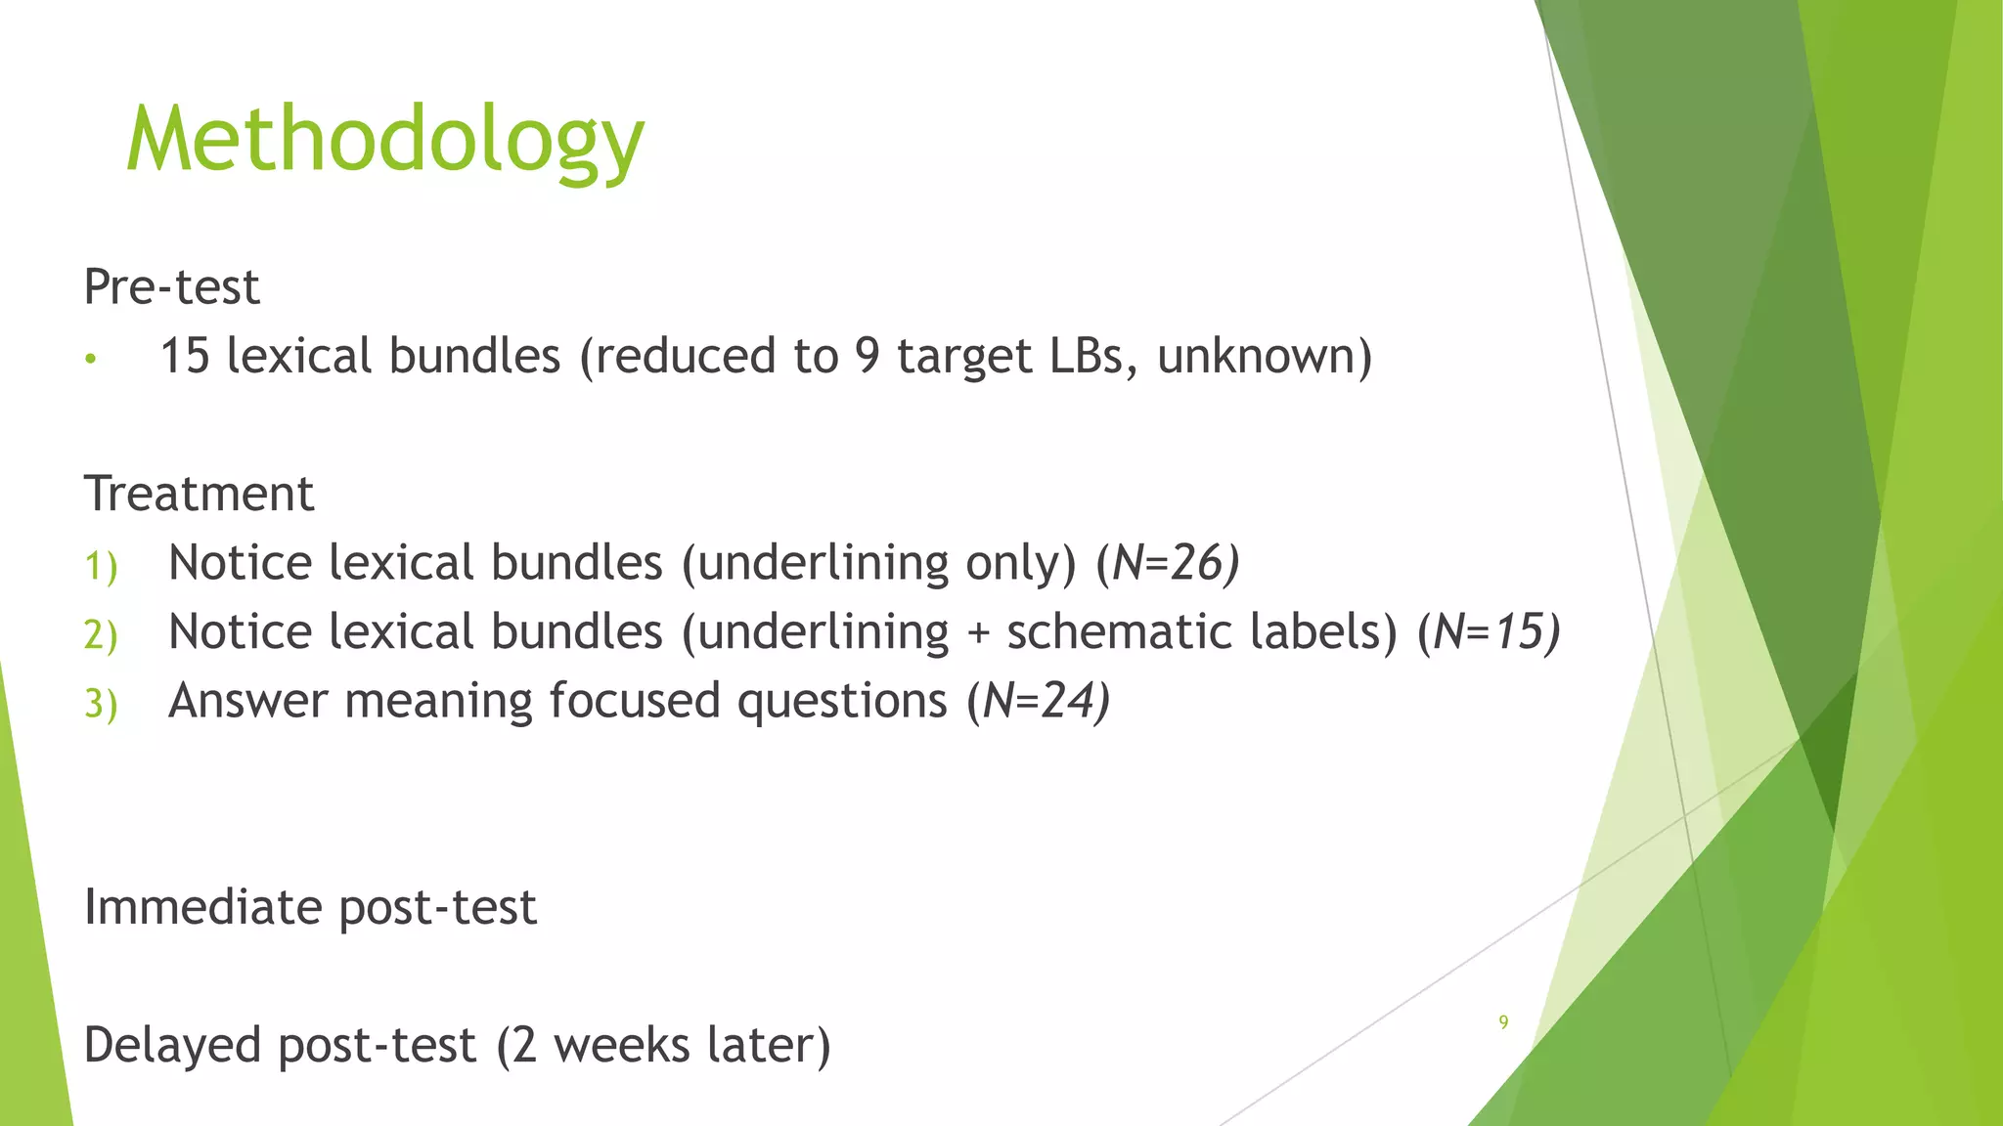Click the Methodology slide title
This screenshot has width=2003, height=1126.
pyautogui.click(x=384, y=140)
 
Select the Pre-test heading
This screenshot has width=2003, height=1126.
pyautogui.click(x=172, y=287)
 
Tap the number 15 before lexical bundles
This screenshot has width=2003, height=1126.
pyautogui.click(x=185, y=356)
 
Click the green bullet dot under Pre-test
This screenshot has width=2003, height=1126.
pyautogui.click(x=91, y=360)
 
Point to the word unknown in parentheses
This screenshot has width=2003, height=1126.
pyautogui.click(x=1257, y=356)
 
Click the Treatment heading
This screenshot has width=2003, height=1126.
pyautogui.click(x=199, y=494)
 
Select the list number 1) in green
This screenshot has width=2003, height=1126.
pyautogui.click(x=101, y=566)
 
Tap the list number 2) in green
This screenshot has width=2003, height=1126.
pyautogui.click(x=101, y=635)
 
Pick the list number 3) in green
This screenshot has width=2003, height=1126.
pyautogui.click(x=101, y=704)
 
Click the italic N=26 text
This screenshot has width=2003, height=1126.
pyautogui.click(x=1169, y=563)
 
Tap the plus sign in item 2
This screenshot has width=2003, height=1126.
pyautogui.click(x=977, y=635)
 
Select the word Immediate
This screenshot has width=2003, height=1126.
pyautogui.click(x=202, y=907)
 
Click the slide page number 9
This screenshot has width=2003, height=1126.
pyautogui.click(x=1503, y=1022)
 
